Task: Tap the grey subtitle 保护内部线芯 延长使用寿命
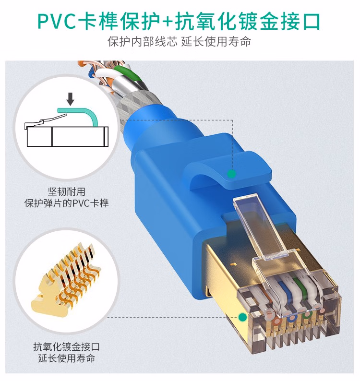tap(180, 42)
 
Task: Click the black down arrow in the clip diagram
tap(71, 99)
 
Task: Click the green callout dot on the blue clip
tap(232, 174)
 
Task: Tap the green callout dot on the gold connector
tap(242, 317)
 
